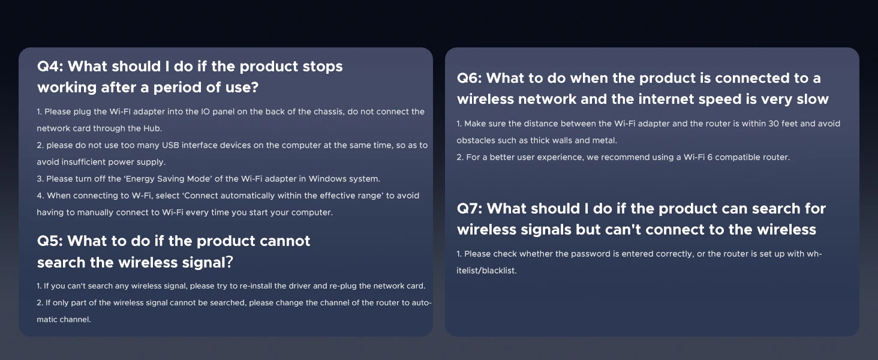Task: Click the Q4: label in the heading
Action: [50, 66]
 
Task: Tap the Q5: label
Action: [50, 241]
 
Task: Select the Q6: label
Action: [469, 78]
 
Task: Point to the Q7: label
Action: [470, 208]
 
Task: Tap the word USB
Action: [170, 145]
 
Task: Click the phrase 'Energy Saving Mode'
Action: [168, 179]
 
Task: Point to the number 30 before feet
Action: [773, 124]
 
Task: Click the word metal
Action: [605, 140]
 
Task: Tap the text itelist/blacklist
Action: [486, 271]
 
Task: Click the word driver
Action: [299, 286]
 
